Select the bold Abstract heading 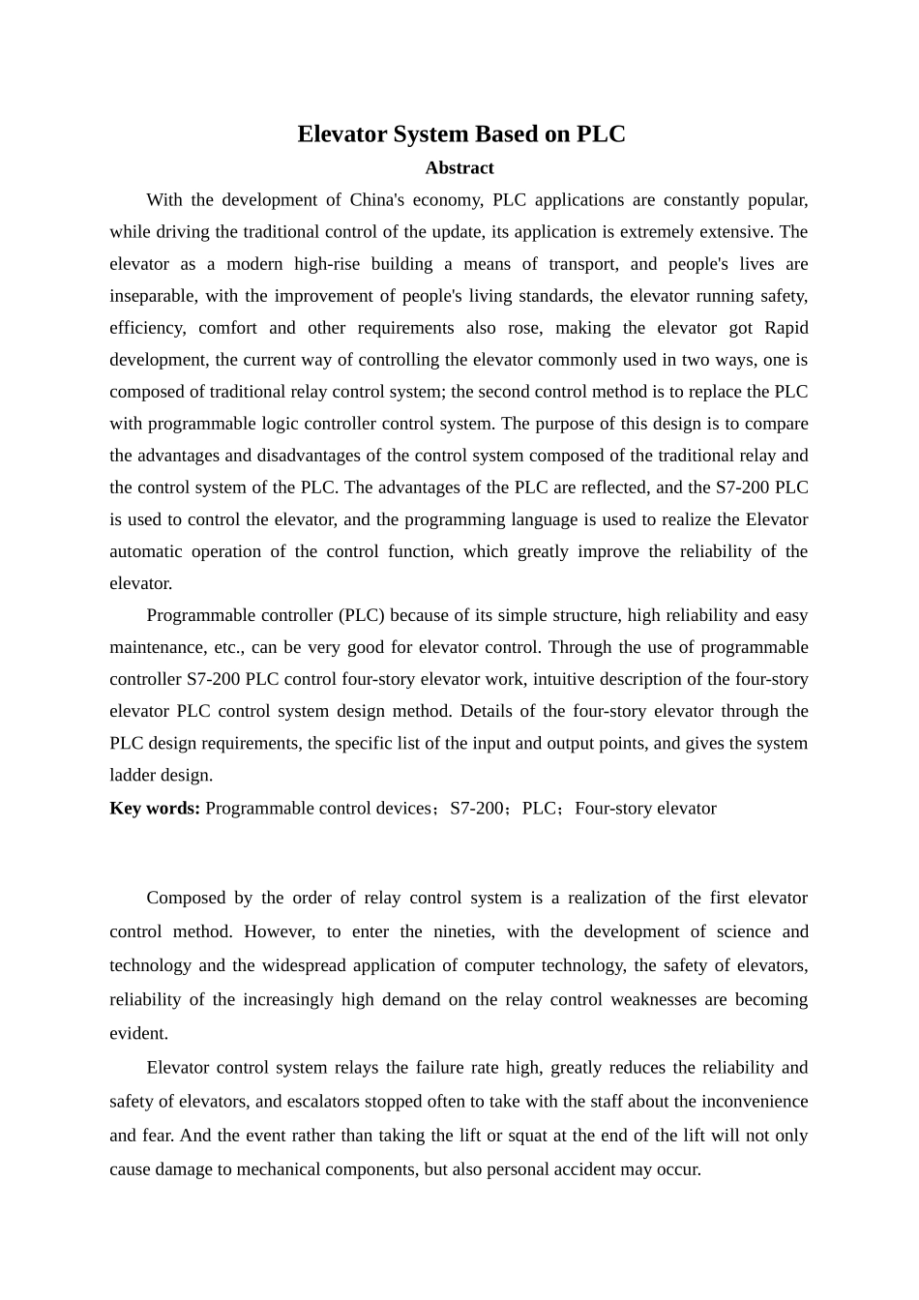coord(459,168)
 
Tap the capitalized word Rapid coord(786,328)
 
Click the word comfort coord(227,328)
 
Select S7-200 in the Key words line coord(476,809)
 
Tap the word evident coord(138,1033)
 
